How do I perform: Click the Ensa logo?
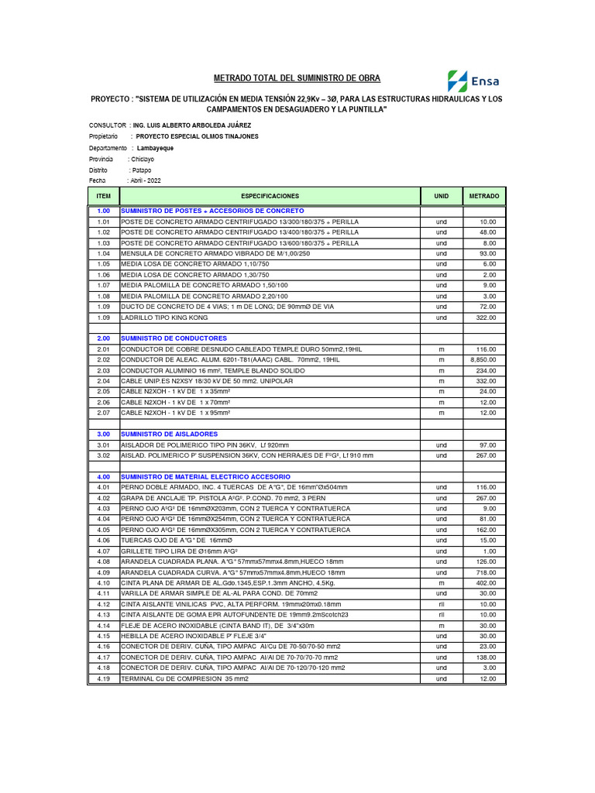tap(473, 81)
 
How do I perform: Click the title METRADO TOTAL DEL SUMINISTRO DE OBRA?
tap(297, 79)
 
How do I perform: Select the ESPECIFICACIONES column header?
tap(270, 197)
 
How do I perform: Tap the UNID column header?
tap(442, 197)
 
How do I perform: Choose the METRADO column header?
tap(484, 197)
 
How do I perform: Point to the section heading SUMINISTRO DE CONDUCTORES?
tap(174, 338)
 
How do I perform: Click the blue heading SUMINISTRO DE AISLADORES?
tap(170, 434)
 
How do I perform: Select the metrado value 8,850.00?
tap(484, 359)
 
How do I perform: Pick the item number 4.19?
tap(104, 678)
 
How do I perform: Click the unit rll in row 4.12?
tap(442, 604)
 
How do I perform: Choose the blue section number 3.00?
tap(104, 434)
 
